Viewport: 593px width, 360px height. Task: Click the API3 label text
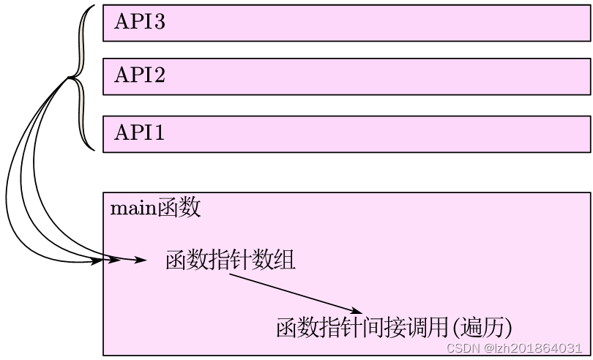[140, 22]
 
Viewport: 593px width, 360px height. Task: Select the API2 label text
[140, 75]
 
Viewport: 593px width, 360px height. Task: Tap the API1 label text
[140, 133]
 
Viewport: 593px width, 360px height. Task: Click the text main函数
[155, 209]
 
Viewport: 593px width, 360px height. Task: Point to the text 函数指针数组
[231, 260]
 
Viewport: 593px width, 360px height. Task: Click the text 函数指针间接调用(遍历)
[393, 326]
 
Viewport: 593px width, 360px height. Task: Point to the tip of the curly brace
[70, 78]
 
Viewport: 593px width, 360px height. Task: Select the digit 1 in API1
[158, 133]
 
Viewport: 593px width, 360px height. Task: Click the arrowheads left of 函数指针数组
[124, 260]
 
